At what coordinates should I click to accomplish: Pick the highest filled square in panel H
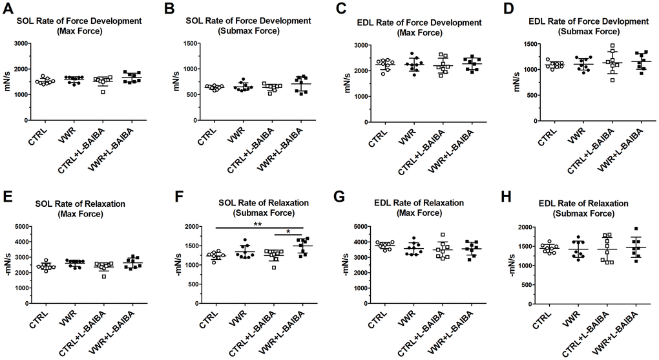point(637,229)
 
